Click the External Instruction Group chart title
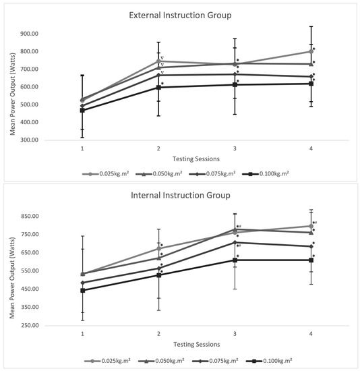click(x=180, y=16)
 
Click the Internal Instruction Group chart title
click(x=181, y=196)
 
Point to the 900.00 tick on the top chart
click(x=30, y=34)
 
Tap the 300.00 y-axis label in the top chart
click(x=30, y=140)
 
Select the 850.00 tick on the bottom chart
click(x=30, y=216)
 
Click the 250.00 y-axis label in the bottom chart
click(x=30, y=325)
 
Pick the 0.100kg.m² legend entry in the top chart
click(x=266, y=173)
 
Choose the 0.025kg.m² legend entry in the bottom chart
click(x=107, y=361)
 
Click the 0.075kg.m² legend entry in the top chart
click(x=212, y=173)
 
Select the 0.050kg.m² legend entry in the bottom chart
click(x=161, y=361)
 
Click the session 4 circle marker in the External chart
click(x=311, y=51)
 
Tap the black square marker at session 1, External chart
click(x=82, y=110)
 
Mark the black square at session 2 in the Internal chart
click(x=158, y=275)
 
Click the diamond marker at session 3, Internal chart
click(x=235, y=242)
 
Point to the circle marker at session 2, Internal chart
click(x=158, y=249)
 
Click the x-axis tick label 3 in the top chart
click(x=235, y=148)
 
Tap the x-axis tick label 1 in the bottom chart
click(x=82, y=334)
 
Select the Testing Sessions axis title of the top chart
click(x=196, y=159)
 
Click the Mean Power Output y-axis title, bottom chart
click(x=12, y=278)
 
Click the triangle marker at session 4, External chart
click(x=311, y=64)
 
